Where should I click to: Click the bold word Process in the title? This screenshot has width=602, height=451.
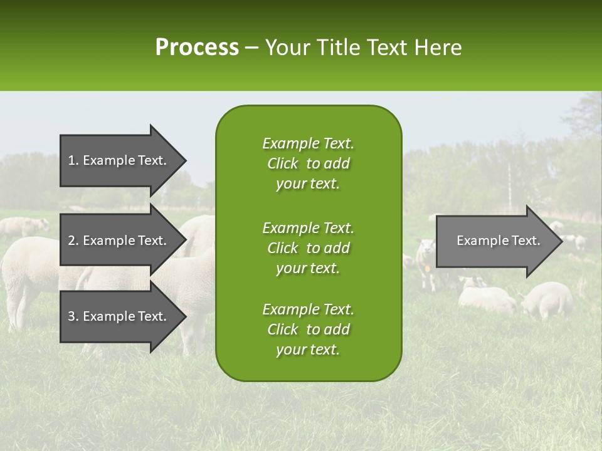(197, 48)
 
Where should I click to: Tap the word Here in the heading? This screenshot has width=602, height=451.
(438, 48)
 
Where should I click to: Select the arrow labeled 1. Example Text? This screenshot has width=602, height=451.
(119, 160)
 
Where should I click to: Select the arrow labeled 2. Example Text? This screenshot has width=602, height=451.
(119, 241)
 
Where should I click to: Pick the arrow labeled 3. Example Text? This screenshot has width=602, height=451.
(119, 316)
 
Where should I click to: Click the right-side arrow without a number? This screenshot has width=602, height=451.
(495, 241)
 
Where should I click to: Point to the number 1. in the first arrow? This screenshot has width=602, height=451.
(73, 160)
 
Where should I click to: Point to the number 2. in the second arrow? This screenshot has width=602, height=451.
(73, 241)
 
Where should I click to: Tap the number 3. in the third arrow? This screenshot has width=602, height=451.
(73, 316)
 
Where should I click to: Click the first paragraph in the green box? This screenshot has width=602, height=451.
(308, 163)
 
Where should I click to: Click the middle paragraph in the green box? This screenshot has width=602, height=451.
(308, 248)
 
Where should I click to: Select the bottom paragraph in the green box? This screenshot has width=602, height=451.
(308, 329)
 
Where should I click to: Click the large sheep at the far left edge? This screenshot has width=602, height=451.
(25, 276)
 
